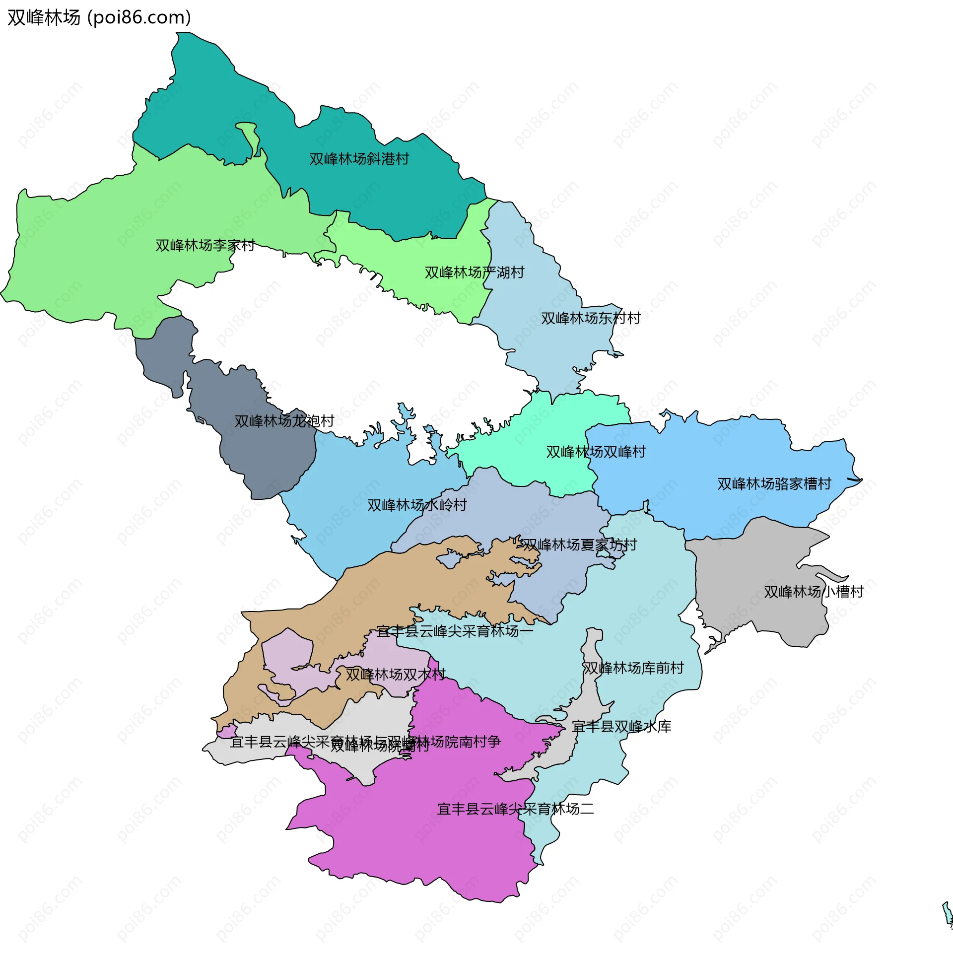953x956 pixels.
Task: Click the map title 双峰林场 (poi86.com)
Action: click(x=99, y=18)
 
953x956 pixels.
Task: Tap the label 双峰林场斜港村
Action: click(x=359, y=159)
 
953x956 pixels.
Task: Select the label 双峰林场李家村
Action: click(x=205, y=246)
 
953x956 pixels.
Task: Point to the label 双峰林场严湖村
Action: click(x=474, y=273)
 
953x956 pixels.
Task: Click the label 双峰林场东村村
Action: click(x=591, y=319)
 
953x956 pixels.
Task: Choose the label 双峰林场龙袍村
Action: click(x=284, y=421)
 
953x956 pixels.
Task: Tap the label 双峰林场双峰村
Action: click(x=596, y=452)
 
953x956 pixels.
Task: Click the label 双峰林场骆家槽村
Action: click(x=774, y=484)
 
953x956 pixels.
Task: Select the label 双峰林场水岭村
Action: click(x=417, y=505)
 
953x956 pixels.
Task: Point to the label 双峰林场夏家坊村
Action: click(x=579, y=545)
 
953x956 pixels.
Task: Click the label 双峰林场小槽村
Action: click(x=814, y=592)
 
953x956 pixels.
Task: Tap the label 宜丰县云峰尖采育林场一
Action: click(x=454, y=631)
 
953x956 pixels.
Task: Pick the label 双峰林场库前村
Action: click(x=633, y=669)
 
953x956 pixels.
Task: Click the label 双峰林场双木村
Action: click(x=395, y=675)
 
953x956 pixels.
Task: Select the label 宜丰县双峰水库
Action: click(x=621, y=727)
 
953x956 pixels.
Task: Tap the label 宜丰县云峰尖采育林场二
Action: click(x=515, y=810)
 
